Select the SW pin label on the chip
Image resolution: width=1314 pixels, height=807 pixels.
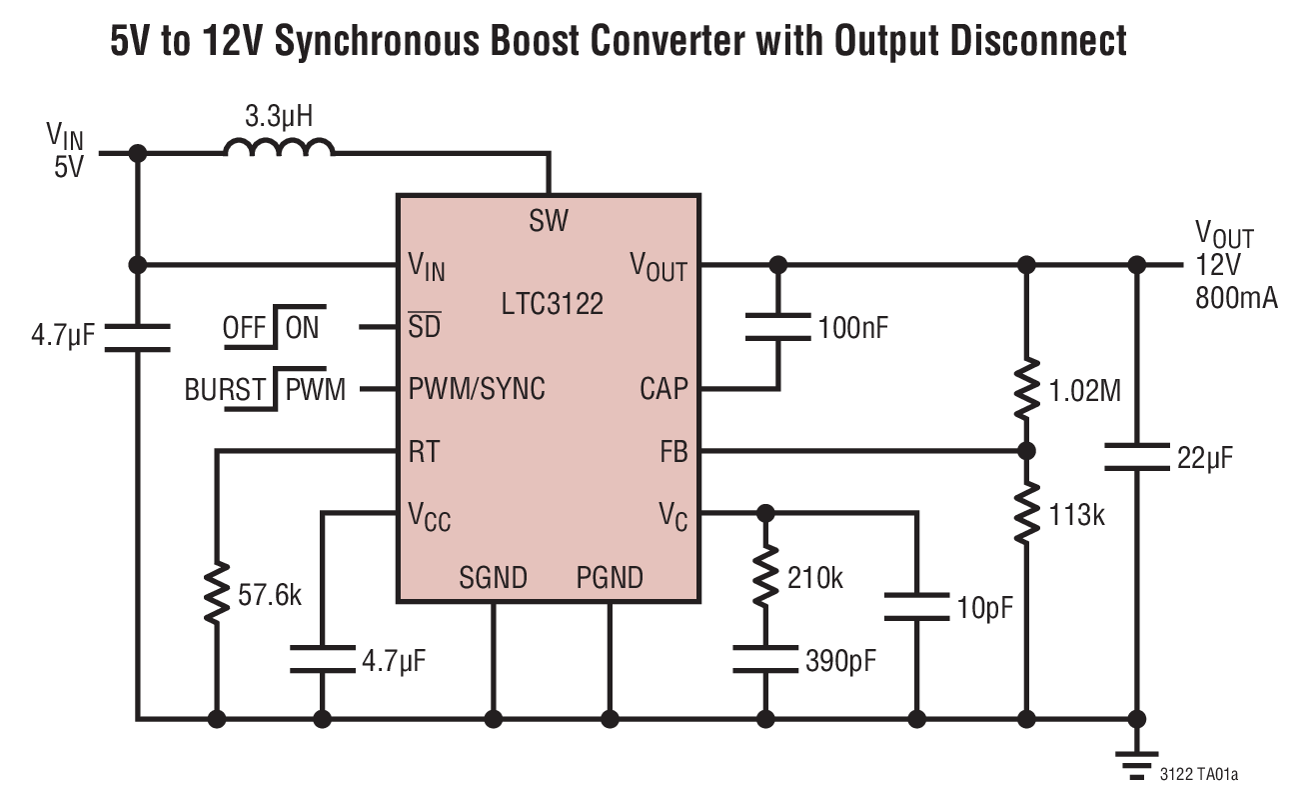point(549,220)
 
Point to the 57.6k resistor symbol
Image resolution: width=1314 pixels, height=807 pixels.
point(215,594)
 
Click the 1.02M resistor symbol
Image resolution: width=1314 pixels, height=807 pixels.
point(1025,392)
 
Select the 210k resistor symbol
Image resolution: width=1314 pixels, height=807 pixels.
point(765,578)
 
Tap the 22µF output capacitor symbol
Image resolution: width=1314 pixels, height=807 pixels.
point(1136,458)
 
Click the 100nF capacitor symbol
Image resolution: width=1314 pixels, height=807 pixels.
point(778,327)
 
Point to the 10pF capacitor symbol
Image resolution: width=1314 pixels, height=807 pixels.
point(915,607)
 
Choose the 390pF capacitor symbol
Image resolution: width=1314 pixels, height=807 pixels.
point(765,658)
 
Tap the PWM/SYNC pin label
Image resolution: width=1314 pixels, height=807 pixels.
point(477,389)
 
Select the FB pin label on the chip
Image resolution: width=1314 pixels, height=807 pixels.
point(673,452)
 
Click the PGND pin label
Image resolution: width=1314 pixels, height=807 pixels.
point(610,577)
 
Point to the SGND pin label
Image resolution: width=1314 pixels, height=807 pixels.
point(493,577)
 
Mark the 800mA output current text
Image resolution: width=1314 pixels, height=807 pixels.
point(1236,297)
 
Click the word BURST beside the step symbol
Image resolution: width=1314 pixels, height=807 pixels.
point(225,390)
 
